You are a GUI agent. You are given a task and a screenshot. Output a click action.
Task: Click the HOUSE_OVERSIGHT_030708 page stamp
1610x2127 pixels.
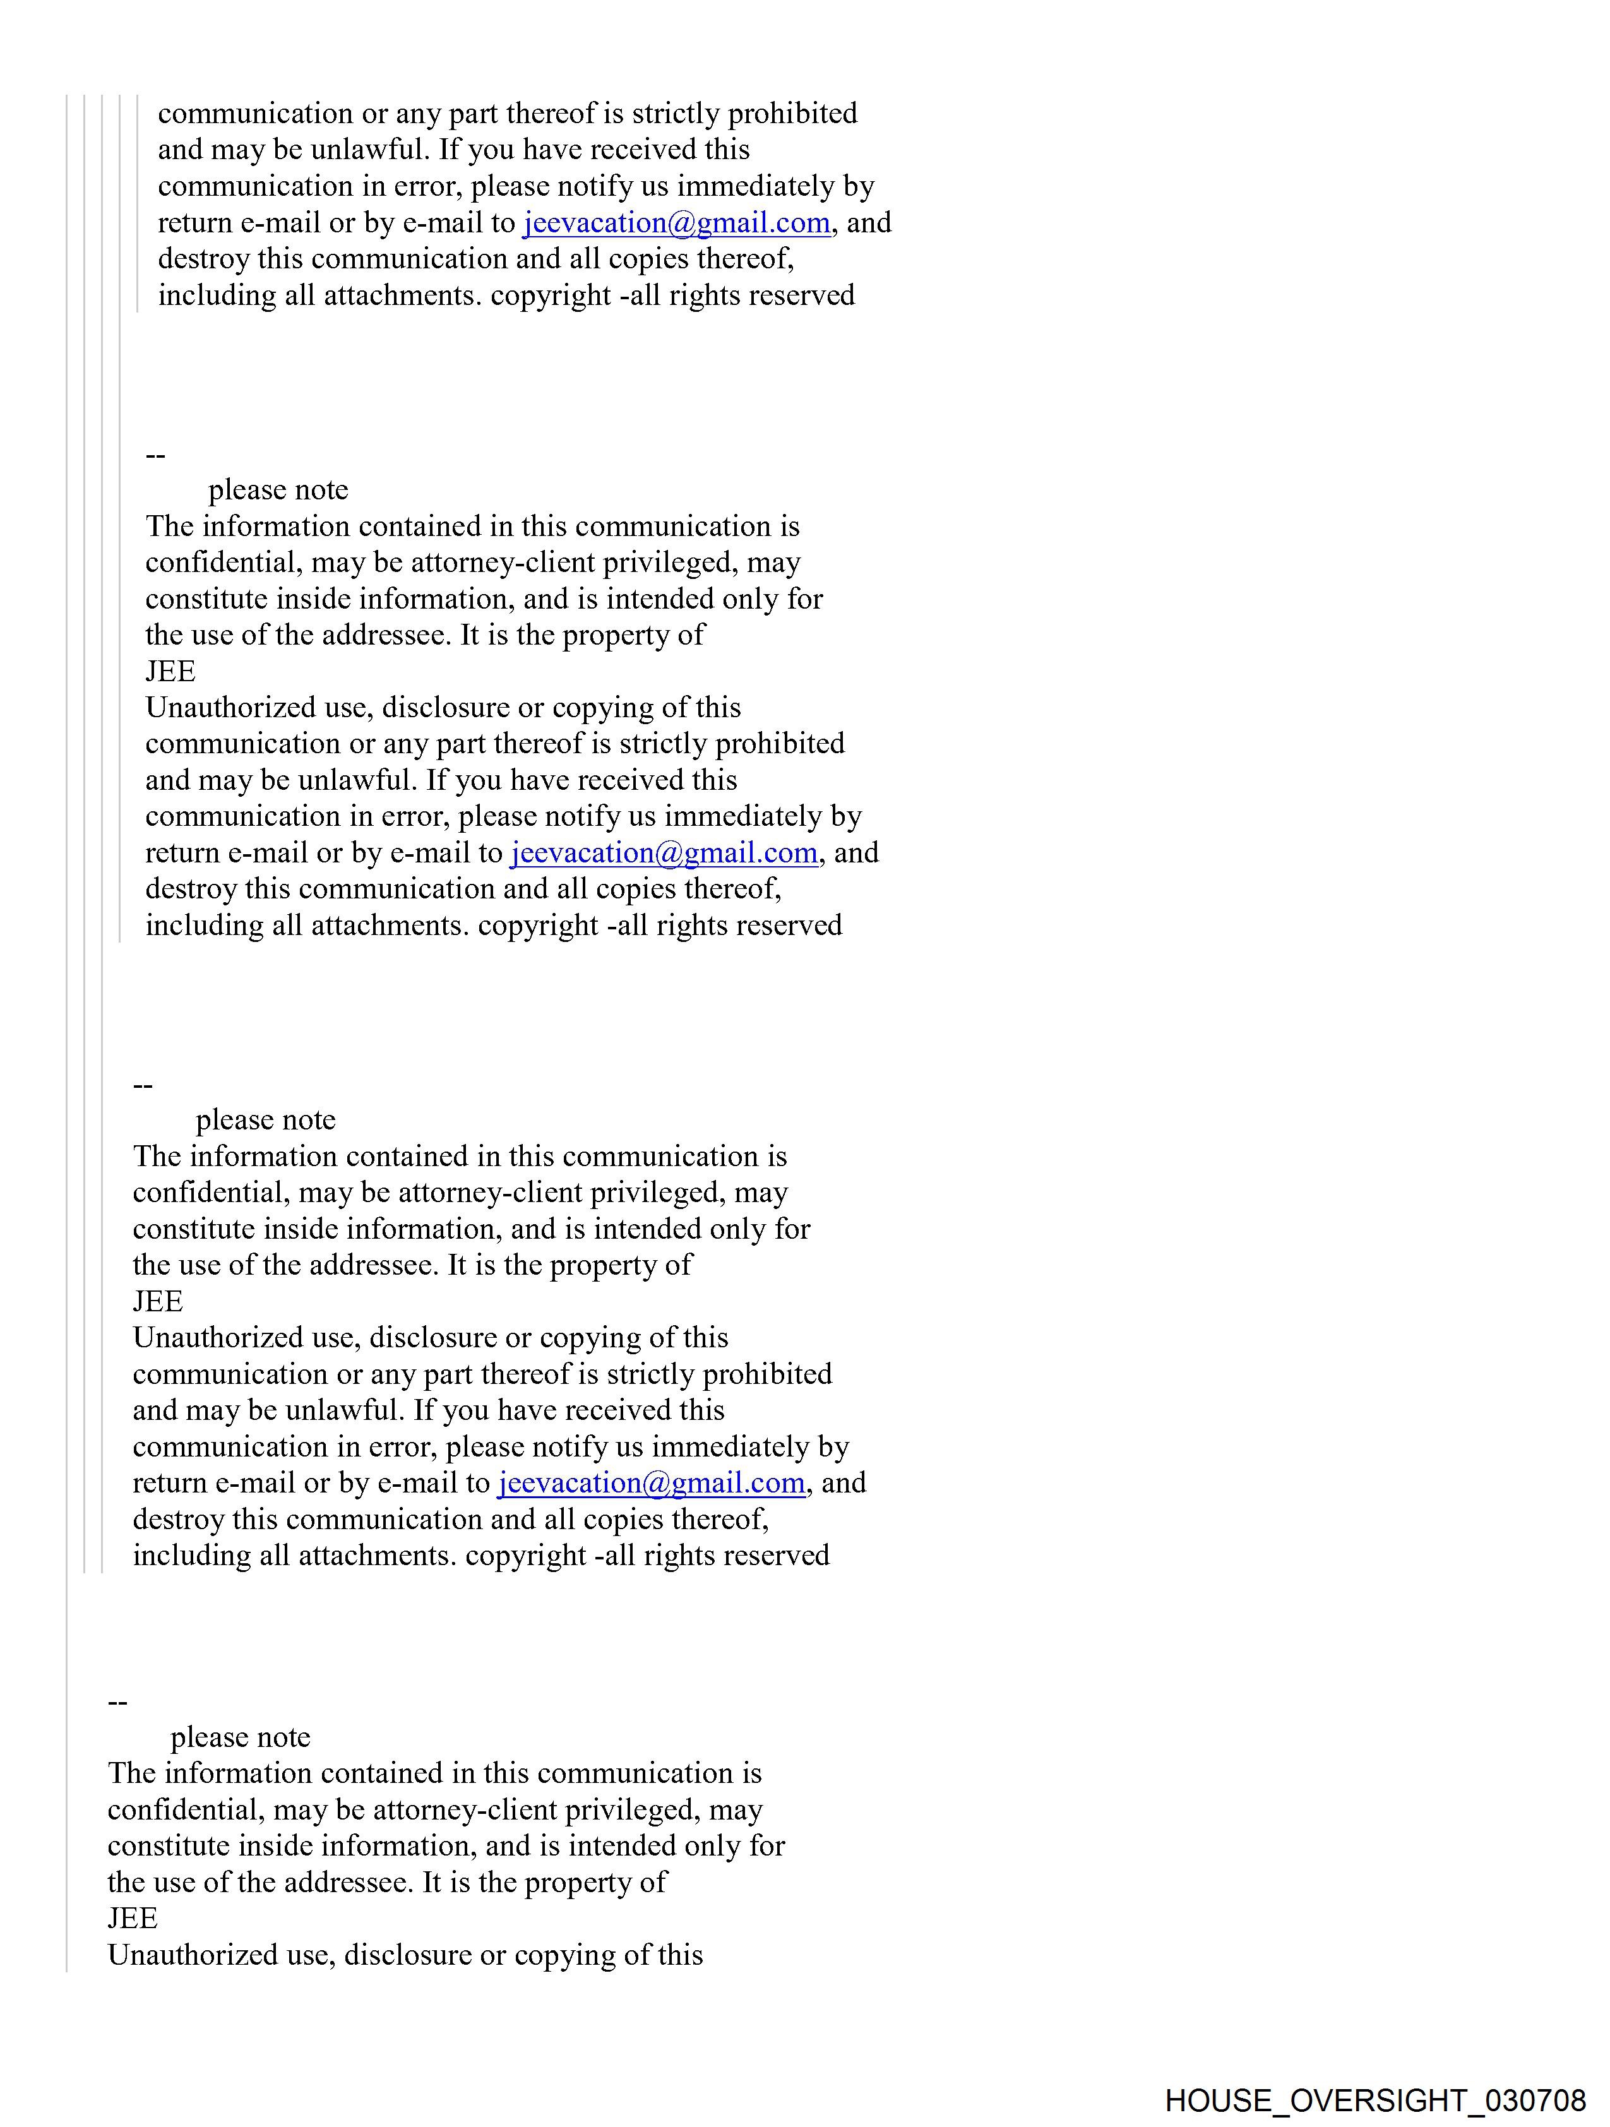click(x=1374, y=2099)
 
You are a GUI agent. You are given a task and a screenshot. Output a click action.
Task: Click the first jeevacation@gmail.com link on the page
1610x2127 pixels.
click(x=676, y=223)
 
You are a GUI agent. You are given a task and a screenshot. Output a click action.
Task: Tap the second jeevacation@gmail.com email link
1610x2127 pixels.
click(x=664, y=853)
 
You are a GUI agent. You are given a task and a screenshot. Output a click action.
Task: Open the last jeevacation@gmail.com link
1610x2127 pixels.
click(x=651, y=1483)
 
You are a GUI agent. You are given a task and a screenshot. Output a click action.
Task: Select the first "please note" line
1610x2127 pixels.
click(x=278, y=491)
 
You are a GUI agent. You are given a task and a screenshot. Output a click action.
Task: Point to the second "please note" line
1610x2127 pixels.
click(x=265, y=1120)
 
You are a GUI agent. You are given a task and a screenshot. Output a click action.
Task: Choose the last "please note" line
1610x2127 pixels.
click(x=241, y=1737)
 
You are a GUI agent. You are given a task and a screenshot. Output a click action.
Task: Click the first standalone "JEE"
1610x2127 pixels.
click(x=170, y=671)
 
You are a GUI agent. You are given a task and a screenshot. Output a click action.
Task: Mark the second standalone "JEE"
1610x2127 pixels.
click(x=158, y=1301)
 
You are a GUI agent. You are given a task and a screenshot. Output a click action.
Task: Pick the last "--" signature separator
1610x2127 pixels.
click(x=117, y=1702)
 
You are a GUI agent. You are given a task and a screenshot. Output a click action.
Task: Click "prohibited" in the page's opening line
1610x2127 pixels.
click(x=792, y=114)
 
